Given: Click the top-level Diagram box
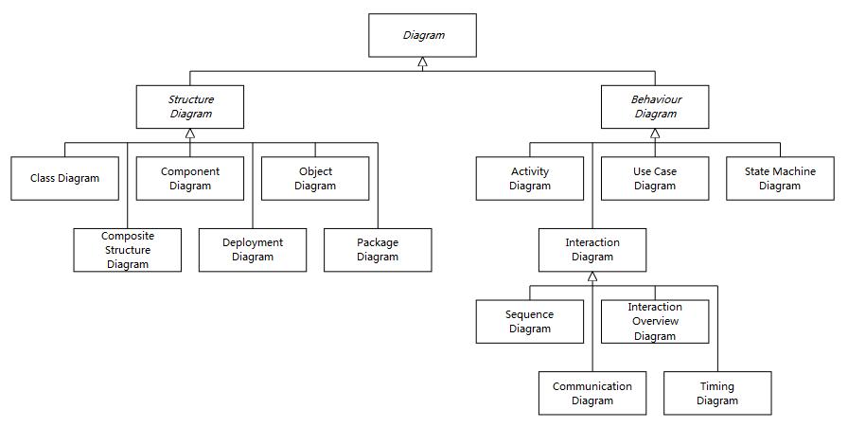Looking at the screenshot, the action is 422,35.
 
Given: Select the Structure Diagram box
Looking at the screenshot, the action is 190,107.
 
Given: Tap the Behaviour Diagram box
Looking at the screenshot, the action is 655,107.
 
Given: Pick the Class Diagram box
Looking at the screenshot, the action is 65,179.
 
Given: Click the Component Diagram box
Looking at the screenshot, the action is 190,179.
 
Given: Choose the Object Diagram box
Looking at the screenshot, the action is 315,179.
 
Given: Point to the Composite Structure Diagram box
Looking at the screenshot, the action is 128,250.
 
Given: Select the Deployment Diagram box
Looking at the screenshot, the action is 253,250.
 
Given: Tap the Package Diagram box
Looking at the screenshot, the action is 378,250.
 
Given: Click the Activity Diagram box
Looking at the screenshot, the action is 530,179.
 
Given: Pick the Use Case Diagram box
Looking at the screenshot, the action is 655,179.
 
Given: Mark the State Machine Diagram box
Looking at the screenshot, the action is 781,179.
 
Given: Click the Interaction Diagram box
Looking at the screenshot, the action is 592,250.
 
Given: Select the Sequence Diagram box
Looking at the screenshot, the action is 530,322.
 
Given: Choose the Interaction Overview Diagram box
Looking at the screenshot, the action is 655,322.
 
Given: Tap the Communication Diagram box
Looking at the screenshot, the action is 592,394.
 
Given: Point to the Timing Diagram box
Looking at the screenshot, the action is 717,394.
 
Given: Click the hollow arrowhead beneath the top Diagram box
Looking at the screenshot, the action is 422,62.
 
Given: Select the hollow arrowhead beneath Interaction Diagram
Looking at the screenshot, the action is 592,276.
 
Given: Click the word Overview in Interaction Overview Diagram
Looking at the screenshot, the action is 655,322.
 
